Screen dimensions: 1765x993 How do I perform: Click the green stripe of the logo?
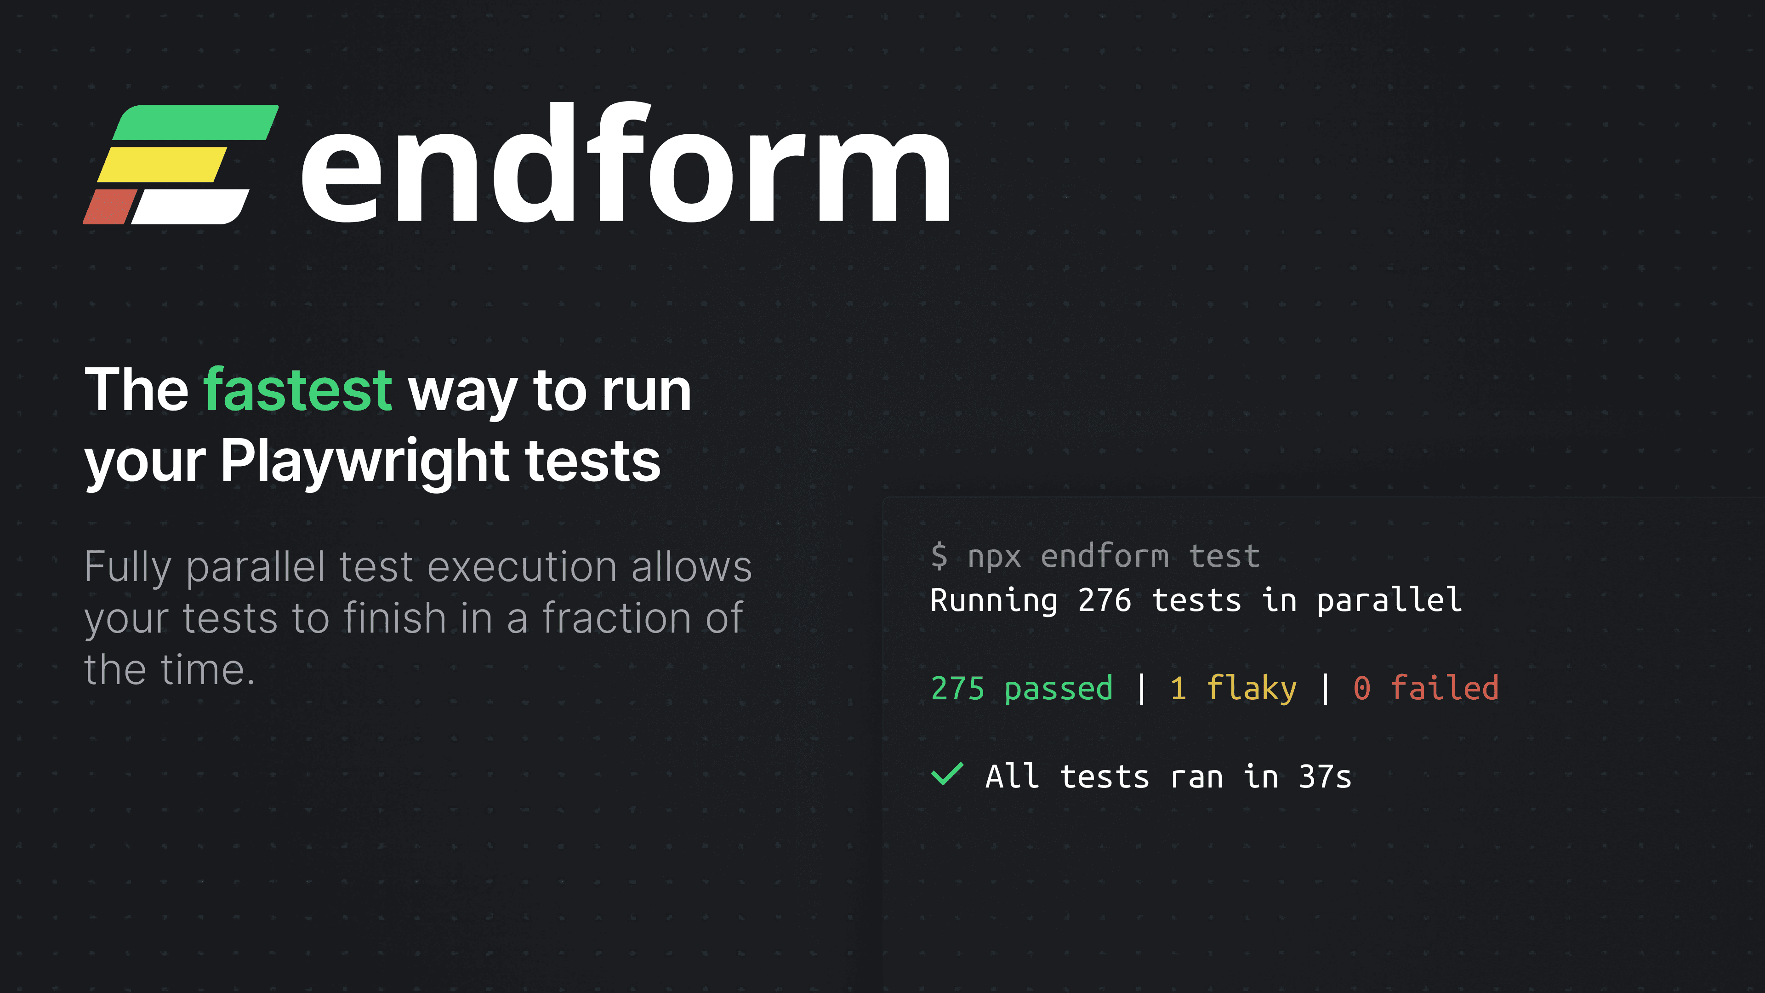point(196,123)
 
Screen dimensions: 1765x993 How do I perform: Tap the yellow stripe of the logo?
point(162,165)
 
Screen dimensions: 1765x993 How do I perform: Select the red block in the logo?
point(110,206)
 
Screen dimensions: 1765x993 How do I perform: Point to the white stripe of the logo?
point(190,206)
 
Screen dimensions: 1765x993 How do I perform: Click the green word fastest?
point(298,389)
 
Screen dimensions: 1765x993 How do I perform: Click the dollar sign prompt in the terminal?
point(939,556)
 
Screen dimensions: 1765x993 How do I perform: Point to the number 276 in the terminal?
point(1105,600)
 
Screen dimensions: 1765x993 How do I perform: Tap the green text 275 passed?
point(1022,688)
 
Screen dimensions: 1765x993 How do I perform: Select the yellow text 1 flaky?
point(1233,688)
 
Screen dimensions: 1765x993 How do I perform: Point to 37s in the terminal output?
point(1325,777)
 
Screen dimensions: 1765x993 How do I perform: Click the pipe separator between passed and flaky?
point(1141,688)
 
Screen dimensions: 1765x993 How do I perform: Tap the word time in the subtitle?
point(203,669)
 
